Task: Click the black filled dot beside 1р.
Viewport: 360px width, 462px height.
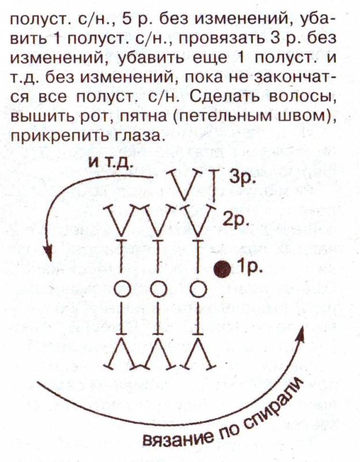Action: point(222,269)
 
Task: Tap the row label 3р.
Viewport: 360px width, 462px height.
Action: point(242,178)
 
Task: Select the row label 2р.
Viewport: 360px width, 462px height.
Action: point(236,220)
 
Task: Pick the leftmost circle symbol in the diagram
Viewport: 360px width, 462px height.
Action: point(122,290)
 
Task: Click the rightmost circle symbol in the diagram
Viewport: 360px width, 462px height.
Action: point(198,290)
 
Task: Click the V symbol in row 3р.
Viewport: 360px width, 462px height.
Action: point(182,184)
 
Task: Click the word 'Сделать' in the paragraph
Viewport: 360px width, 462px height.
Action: point(224,96)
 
